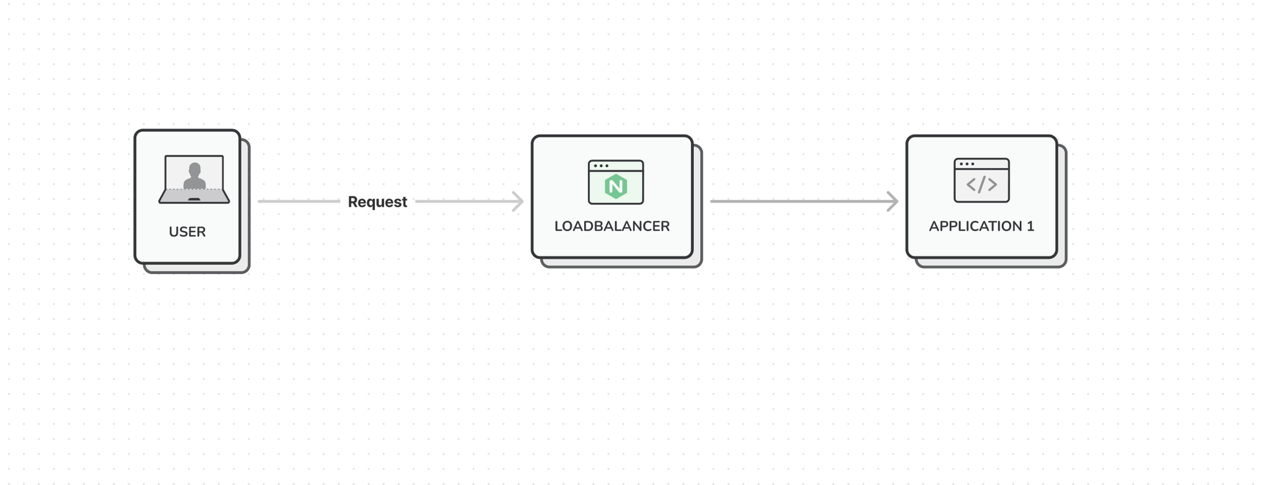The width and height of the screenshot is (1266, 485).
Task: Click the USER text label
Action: pos(187,232)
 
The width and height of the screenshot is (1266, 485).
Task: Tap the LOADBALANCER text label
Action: pos(611,226)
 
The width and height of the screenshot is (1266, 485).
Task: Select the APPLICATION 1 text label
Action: pos(981,226)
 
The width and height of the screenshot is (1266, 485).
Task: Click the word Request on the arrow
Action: pos(377,202)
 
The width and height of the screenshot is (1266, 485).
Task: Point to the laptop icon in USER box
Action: pos(194,179)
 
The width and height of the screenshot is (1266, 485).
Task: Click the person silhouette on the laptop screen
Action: pos(194,175)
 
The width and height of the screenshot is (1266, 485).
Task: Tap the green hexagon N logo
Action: pos(615,187)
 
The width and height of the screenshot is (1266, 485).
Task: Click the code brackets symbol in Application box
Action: pos(981,184)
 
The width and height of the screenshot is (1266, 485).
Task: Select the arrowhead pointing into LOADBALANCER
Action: pos(518,201)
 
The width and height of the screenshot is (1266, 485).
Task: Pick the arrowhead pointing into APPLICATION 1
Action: pos(893,201)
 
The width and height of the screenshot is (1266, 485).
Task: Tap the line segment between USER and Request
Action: pos(298,201)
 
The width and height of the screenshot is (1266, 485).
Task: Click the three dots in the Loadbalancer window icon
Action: pos(601,166)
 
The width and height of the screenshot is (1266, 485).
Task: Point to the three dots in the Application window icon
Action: pos(967,164)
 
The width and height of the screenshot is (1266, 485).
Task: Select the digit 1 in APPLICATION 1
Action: pos(1030,226)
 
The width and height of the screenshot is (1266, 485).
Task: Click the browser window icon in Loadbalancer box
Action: pos(615,182)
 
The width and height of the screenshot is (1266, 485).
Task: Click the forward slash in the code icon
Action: pos(981,184)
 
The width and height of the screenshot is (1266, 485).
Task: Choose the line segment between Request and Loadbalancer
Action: pos(465,201)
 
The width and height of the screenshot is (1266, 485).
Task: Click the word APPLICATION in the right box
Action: pos(975,226)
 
